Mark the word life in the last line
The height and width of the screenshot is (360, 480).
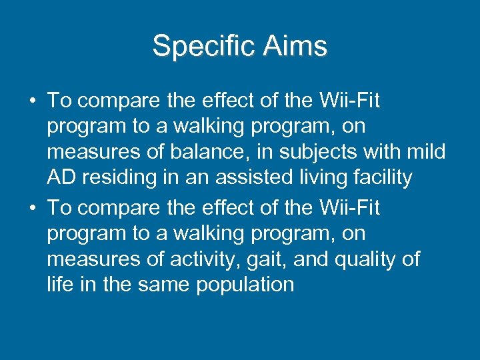58,285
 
